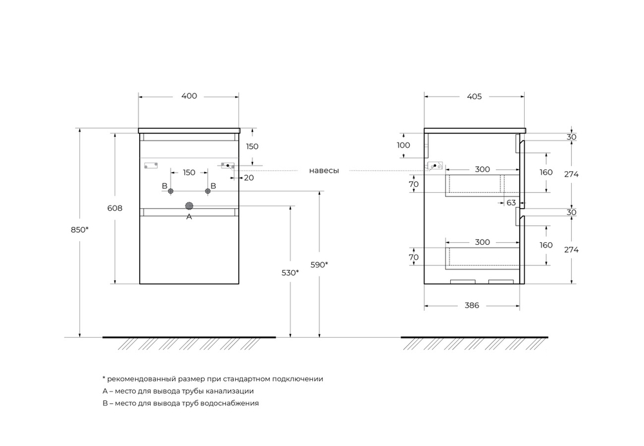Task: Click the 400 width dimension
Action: tap(189, 96)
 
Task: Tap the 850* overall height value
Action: tap(80, 229)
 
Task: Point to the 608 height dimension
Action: tap(115, 208)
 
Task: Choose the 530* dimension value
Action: tap(290, 273)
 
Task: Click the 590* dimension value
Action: tap(319, 264)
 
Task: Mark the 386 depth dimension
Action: tap(472, 305)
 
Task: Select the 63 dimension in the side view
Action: tap(511, 202)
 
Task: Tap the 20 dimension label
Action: tap(249, 177)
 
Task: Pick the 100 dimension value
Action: tap(403, 145)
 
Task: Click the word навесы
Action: tap(324, 171)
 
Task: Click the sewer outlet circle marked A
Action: tap(189, 206)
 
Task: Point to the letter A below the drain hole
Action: tap(189, 217)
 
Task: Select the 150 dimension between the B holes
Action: tap(189, 173)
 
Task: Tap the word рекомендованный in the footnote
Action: tap(138, 379)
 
